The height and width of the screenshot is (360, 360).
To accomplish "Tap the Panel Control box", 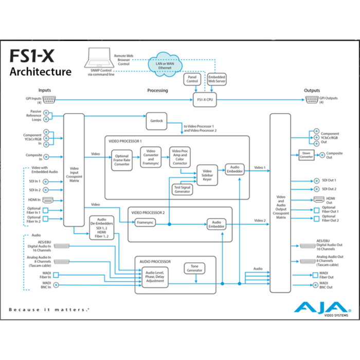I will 192,79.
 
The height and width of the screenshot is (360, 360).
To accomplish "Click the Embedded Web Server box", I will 216,79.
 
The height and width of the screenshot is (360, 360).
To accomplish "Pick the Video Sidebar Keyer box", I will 207,175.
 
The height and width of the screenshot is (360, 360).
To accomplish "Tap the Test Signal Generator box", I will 182,189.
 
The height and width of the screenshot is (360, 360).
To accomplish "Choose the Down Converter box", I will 306,155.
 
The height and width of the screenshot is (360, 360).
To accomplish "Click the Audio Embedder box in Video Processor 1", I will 234,169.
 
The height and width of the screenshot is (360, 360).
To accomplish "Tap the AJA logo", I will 317,308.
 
